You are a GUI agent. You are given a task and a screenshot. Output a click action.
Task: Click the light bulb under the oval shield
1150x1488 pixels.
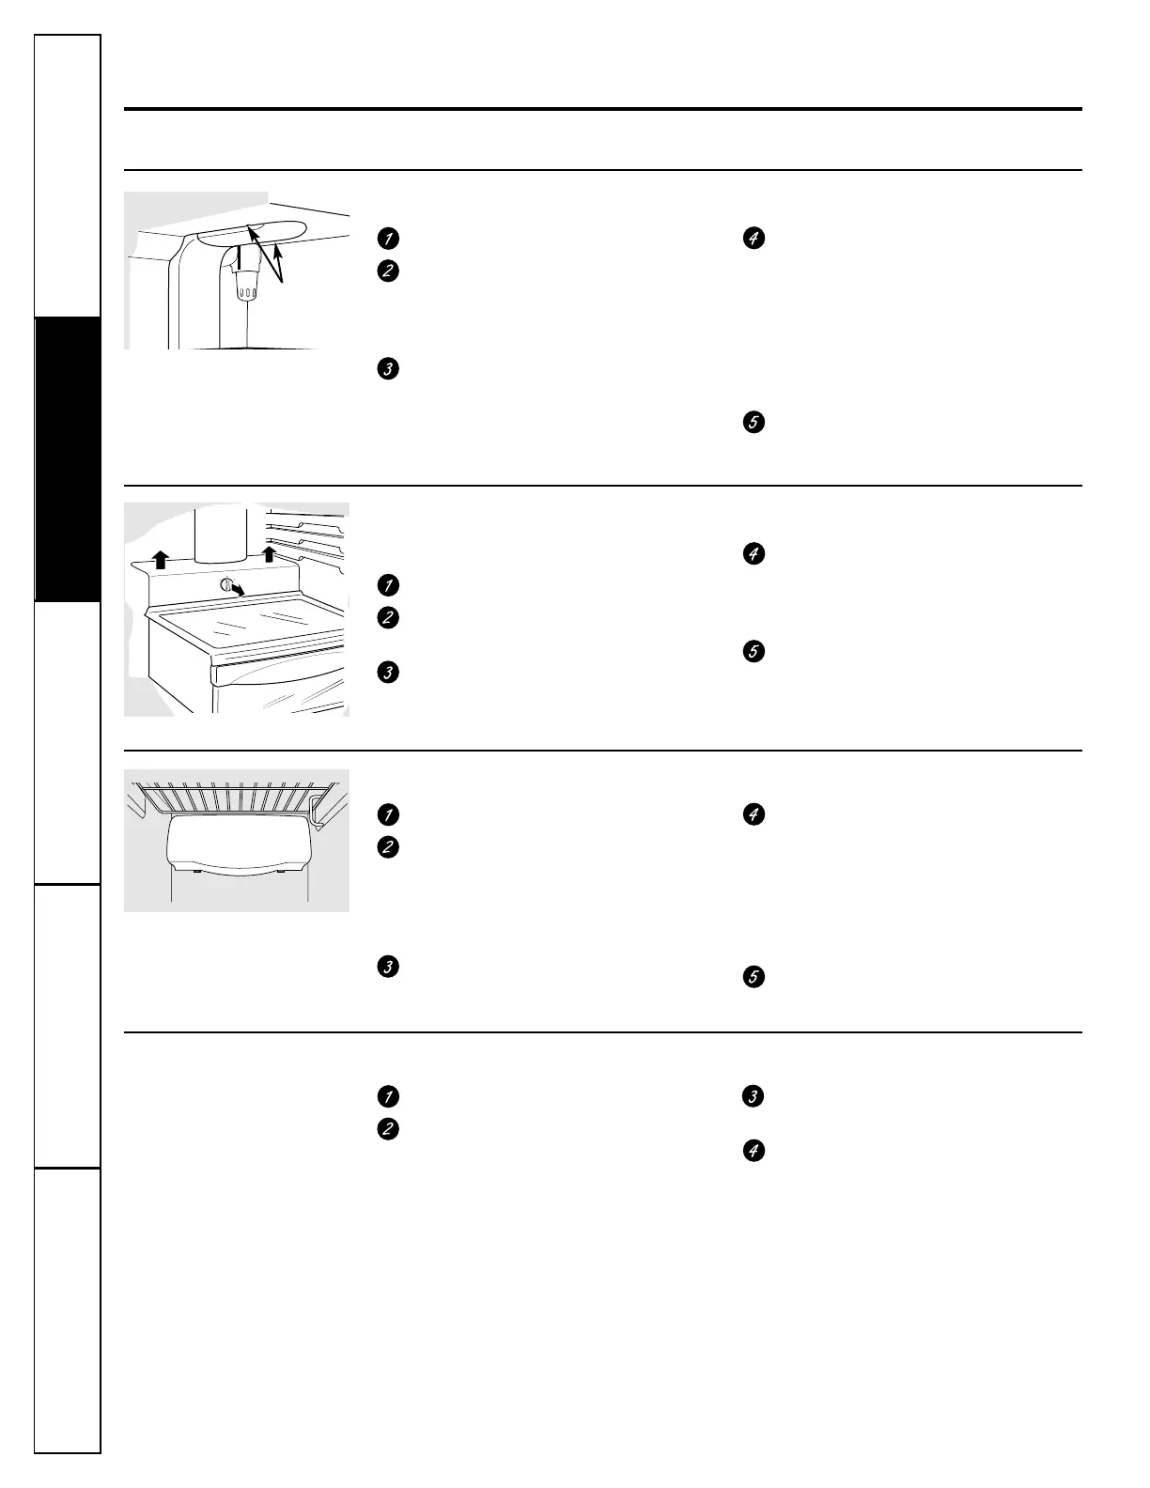click(247, 286)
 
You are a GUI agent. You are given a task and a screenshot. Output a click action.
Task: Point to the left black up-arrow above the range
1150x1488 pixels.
click(161, 560)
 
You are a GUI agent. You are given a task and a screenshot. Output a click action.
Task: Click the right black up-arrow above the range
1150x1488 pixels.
click(270, 554)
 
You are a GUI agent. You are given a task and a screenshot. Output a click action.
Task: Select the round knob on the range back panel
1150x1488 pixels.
click(225, 584)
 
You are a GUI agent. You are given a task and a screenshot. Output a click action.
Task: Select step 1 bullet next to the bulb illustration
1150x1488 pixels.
click(385, 239)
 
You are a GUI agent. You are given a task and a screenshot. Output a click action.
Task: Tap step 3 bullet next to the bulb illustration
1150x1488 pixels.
click(385, 369)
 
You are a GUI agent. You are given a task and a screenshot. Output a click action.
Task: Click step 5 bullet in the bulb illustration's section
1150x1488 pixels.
click(753, 423)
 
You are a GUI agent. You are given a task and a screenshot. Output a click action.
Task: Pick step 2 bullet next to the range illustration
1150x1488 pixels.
click(385, 618)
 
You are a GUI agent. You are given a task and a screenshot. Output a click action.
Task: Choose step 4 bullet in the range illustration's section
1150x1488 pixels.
click(753, 554)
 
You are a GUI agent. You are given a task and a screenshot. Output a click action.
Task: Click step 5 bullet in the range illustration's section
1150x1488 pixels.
click(753, 651)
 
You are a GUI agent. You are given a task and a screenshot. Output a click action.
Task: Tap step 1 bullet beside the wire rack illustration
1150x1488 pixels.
click(385, 814)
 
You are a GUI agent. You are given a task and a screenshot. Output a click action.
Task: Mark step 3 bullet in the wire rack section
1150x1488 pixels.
click(385, 966)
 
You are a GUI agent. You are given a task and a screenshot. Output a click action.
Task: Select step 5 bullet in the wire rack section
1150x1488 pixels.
click(753, 978)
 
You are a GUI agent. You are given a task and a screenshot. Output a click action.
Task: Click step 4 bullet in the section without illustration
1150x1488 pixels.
click(753, 1151)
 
